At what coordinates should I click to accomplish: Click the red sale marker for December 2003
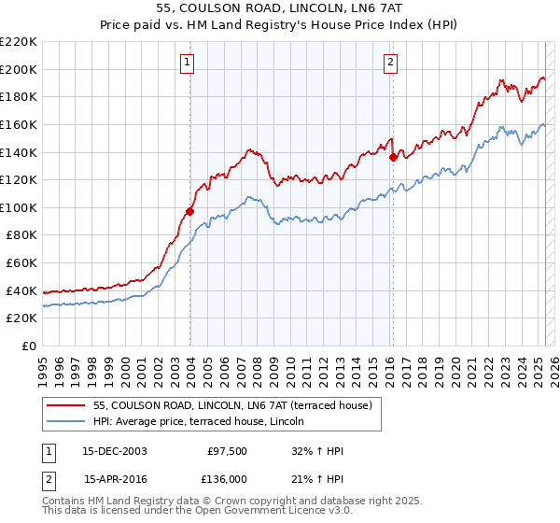(x=189, y=211)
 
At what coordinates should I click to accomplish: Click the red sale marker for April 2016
(x=393, y=158)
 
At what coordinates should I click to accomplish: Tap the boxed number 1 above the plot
(x=188, y=63)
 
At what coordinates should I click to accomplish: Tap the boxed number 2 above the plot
(x=390, y=63)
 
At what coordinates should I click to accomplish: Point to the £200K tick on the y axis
(x=20, y=69)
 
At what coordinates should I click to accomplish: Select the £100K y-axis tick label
(x=20, y=207)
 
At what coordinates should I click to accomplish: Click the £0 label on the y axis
(x=29, y=346)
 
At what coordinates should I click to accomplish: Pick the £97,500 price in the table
(x=227, y=450)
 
